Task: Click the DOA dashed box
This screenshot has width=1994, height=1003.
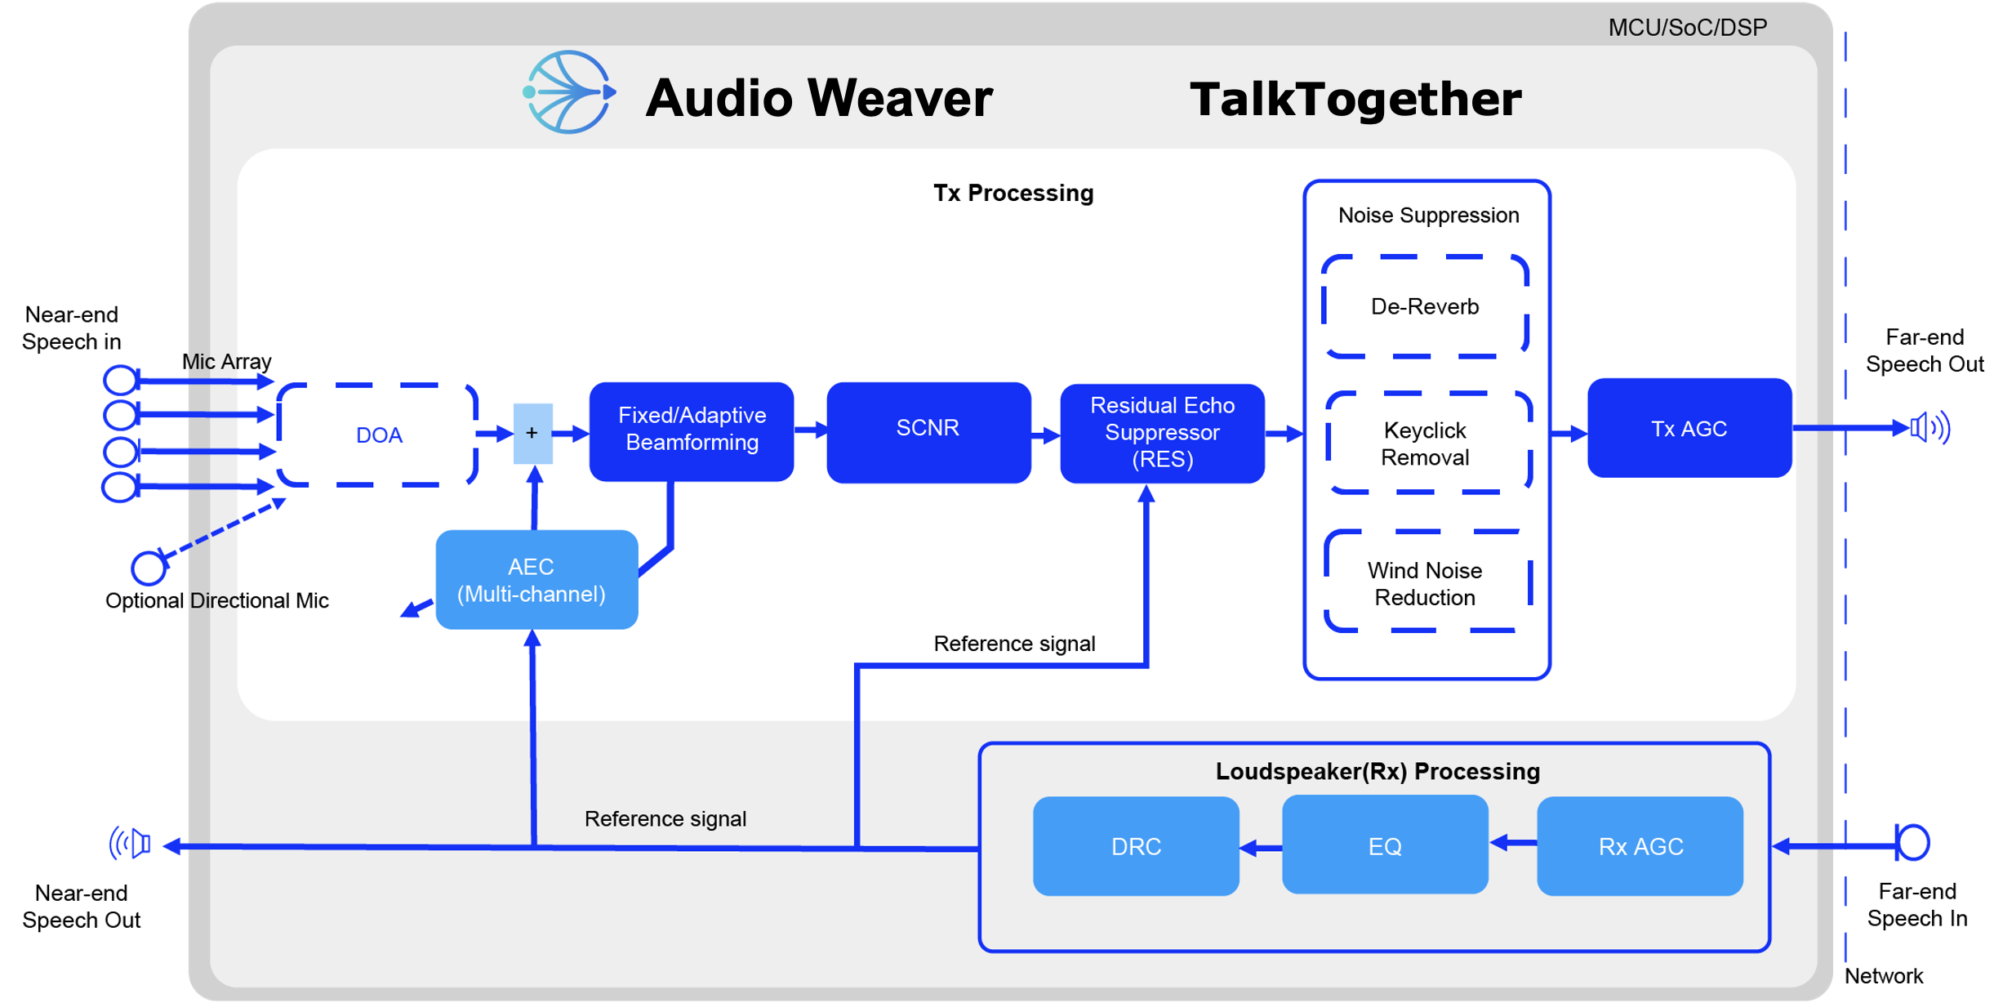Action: click(x=378, y=435)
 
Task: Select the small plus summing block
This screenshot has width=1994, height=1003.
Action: click(x=532, y=433)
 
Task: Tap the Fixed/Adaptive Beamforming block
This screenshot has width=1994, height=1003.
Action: click(x=691, y=430)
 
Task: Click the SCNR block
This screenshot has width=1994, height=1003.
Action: click(x=928, y=430)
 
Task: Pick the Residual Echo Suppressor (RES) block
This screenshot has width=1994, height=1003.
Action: click(x=1161, y=432)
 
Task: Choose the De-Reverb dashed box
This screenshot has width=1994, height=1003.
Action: click(x=1424, y=306)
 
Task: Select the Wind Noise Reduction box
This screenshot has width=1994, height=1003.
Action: click(x=1426, y=582)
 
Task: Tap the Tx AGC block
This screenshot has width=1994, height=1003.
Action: click(x=1689, y=428)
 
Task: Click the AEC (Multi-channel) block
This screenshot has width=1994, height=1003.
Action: click(x=536, y=579)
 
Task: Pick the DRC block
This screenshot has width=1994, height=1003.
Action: click(x=1135, y=845)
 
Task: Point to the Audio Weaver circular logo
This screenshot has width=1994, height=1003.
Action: click(x=569, y=92)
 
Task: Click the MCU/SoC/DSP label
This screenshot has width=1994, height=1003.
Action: click(x=1687, y=28)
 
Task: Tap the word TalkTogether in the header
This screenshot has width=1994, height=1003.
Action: click(x=1355, y=100)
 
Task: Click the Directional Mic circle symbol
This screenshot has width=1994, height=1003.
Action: click(x=149, y=568)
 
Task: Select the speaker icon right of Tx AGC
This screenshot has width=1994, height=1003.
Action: click(x=1929, y=427)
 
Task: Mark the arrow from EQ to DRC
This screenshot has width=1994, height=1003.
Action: click(x=1260, y=848)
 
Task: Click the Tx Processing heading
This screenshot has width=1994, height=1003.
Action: click(x=1013, y=193)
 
